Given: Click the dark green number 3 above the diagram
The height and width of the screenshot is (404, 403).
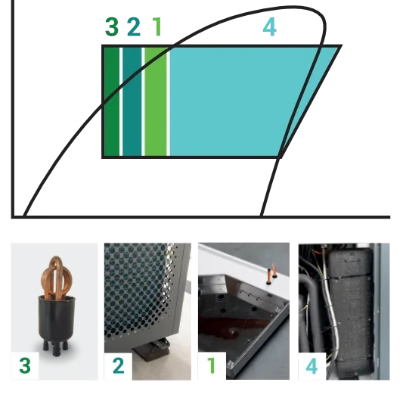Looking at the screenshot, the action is (112, 26).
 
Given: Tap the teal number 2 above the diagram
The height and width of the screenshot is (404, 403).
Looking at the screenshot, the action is (134, 26).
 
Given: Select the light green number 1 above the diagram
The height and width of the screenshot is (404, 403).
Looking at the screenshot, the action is (157, 26).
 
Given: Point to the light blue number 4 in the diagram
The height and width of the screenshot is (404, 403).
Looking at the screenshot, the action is (270, 27).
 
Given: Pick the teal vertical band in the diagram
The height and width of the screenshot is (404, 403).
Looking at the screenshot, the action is (132, 101).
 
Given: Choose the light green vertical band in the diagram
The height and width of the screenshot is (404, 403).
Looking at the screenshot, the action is (156, 101).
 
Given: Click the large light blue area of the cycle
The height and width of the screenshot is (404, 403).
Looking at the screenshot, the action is (232, 101).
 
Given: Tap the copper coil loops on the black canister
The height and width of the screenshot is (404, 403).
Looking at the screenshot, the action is (57, 278).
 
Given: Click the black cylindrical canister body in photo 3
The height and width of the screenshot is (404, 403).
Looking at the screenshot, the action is (57, 319).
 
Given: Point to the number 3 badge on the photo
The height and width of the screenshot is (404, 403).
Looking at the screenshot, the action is (25, 366).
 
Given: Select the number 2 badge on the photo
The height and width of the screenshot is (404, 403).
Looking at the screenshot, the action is (118, 366).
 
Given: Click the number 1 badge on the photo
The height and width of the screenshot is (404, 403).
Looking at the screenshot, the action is (212, 366).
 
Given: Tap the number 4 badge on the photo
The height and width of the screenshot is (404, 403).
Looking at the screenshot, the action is (312, 366).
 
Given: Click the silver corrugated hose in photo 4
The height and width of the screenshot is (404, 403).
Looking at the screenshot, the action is (332, 309).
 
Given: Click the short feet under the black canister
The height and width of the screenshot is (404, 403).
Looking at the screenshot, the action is (56, 347).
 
